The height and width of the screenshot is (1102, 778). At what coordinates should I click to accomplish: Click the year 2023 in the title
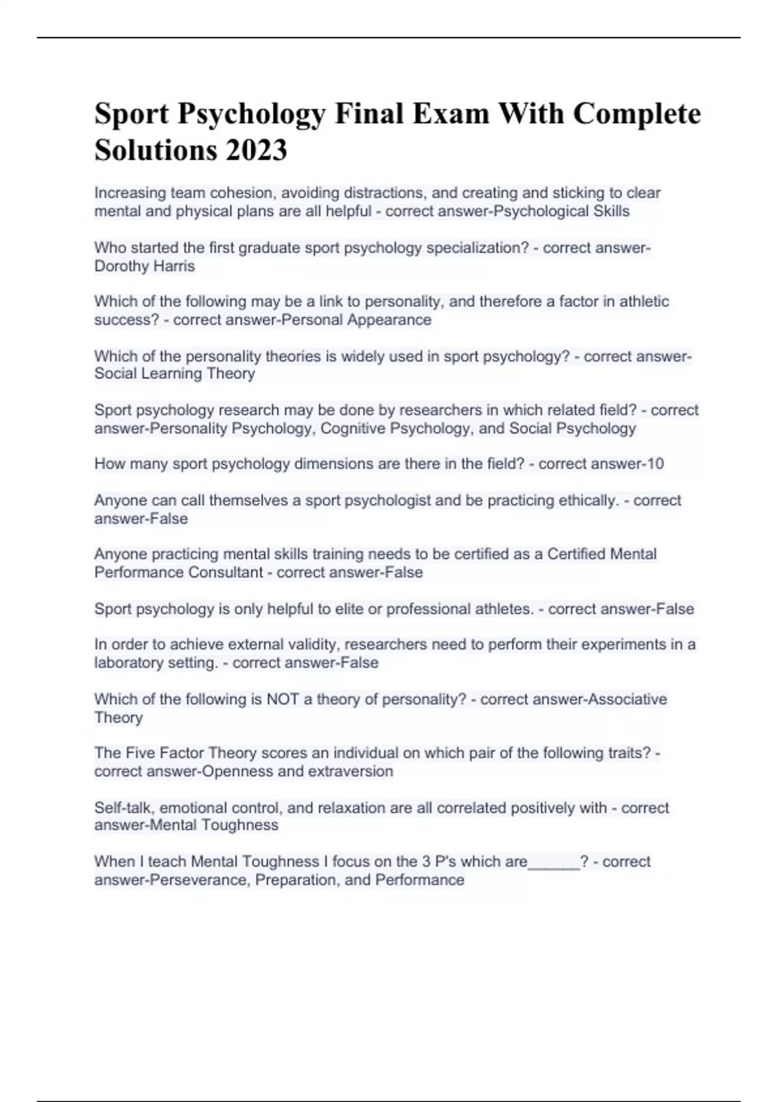pyautogui.click(x=255, y=150)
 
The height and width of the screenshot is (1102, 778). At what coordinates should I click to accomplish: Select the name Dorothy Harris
pyautogui.click(x=145, y=266)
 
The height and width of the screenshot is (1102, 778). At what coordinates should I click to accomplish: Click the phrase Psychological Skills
pyautogui.click(x=561, y=211)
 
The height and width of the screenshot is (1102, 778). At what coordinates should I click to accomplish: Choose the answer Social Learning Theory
pyautogui.click(x=174, y=373)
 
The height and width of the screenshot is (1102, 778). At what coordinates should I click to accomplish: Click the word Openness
pyautogui.click(x=237, y=771)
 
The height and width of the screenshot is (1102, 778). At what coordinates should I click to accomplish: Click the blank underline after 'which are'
pyautogui.click(x=554, y=863)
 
